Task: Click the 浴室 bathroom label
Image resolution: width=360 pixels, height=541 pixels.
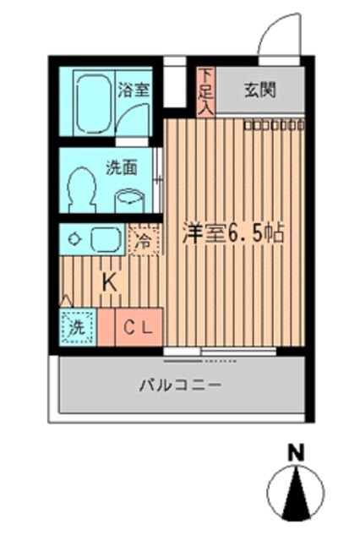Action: (134, 88)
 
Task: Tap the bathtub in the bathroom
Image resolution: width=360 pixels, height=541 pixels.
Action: (95, 101)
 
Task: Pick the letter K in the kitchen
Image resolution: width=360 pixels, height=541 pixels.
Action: (111, 283)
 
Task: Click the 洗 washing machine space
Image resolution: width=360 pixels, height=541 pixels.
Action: (76, 328)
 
